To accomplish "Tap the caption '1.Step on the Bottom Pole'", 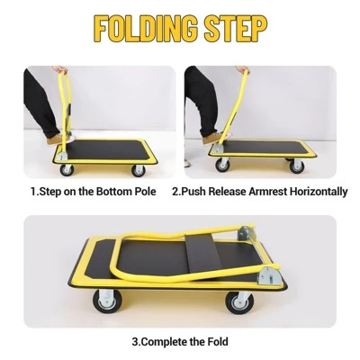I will point(94,192).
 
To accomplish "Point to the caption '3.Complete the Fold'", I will point(180,341).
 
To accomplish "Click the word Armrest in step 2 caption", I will point(269,192).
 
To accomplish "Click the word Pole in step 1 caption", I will point(144,192).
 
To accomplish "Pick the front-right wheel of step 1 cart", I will point(139,168).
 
